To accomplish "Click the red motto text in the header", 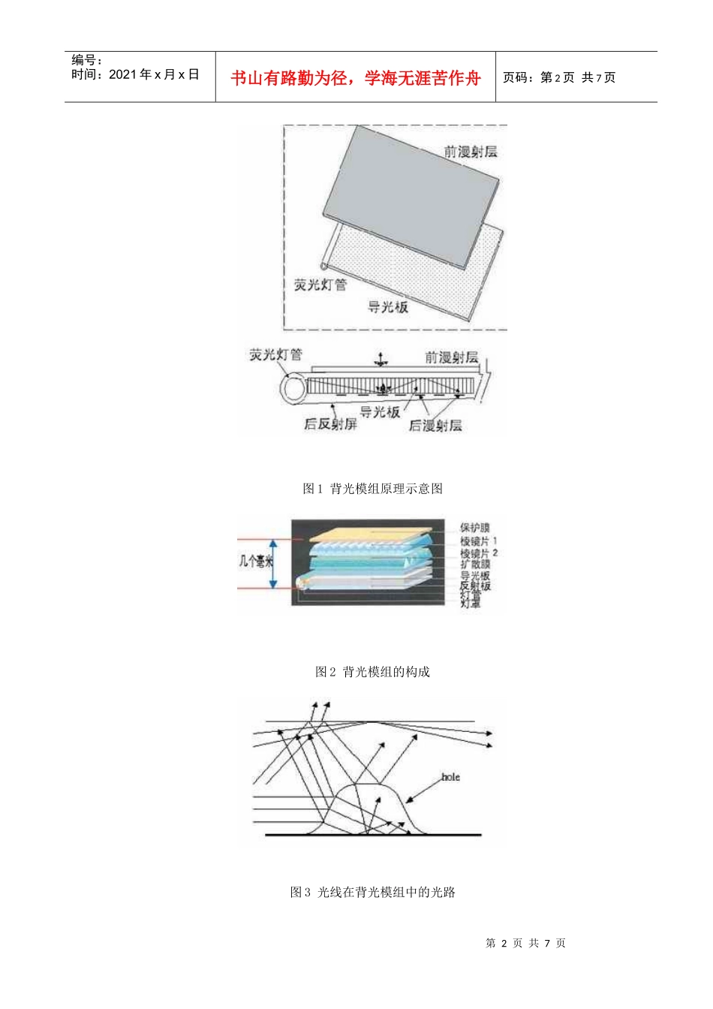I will (x=355, y=78).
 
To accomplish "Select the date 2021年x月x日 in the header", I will (x=135, y=74).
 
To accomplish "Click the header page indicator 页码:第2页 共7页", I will (x=558, y=77).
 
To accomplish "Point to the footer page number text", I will (x=525, y=943).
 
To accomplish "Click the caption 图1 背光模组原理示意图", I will (x=372, y=489).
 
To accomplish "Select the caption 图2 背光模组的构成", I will (x=372, y=672).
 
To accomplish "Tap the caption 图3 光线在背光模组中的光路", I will (x=372, y=892).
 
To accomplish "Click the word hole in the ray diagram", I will (x=450, y=777).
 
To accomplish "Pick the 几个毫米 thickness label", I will (x=255, y=561).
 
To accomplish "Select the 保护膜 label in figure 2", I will (x=474, y=528).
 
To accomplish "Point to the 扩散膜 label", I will (x=474, y=564).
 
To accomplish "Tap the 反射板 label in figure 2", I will (x=474, y=585).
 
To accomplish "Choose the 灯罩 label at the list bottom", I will (x=471, y=603).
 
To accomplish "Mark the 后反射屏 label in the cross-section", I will (x=330, y=424).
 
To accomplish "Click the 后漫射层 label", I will (x=435, y=426).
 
